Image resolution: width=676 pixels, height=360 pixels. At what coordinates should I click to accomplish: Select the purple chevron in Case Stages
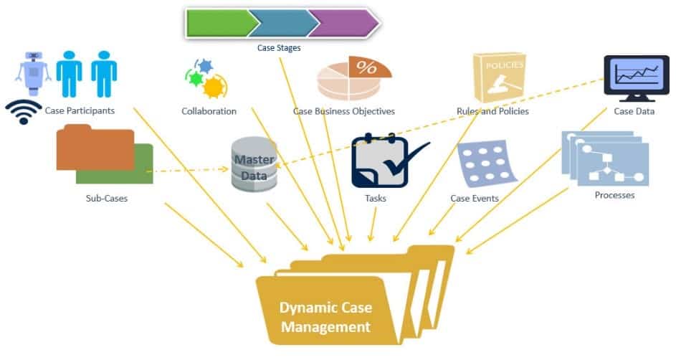point(343,23)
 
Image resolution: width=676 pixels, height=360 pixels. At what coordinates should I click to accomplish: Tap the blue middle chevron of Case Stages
point(281,23)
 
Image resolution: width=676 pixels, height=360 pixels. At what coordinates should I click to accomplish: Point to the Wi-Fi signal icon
point(24,111)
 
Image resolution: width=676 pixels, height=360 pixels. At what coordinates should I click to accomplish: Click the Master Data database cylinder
point(253,166)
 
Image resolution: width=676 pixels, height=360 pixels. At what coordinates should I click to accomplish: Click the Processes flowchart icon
point(606,158)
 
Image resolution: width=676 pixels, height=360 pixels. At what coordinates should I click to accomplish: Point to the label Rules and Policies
point(492,111)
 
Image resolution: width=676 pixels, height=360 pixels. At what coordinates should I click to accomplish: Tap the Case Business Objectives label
point(344,111)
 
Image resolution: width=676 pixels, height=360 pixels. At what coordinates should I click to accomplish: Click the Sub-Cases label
point(106,198)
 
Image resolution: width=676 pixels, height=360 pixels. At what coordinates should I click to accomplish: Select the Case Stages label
point(279,48)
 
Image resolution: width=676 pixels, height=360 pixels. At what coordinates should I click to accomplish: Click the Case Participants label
point(80,110)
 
